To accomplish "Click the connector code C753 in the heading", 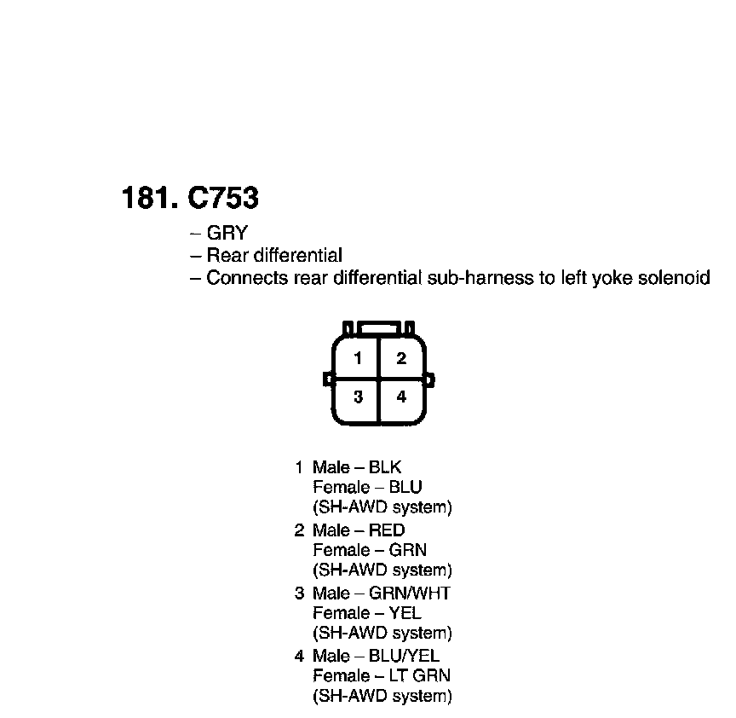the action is click(x=222, y=199).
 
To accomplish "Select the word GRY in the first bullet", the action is click(x=227, y=233).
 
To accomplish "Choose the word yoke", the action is click(x=608, y=278).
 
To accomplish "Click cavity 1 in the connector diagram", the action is click(x=359, y=358).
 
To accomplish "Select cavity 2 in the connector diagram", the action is click(x=401, y=358).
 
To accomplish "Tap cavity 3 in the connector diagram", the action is click(x=359, y=397).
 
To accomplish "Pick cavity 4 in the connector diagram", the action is click(x=401, y=397).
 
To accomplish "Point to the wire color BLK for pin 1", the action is click(x=385, y=467).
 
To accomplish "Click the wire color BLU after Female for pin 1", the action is click(x=405, y=487).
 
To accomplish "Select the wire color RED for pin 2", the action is click(x=387, y=530).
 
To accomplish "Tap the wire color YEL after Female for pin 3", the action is click(x=405, y=613).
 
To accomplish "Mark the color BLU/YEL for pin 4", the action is click(x=404, y=656).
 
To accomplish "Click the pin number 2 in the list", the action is click(x=299, y=530).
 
